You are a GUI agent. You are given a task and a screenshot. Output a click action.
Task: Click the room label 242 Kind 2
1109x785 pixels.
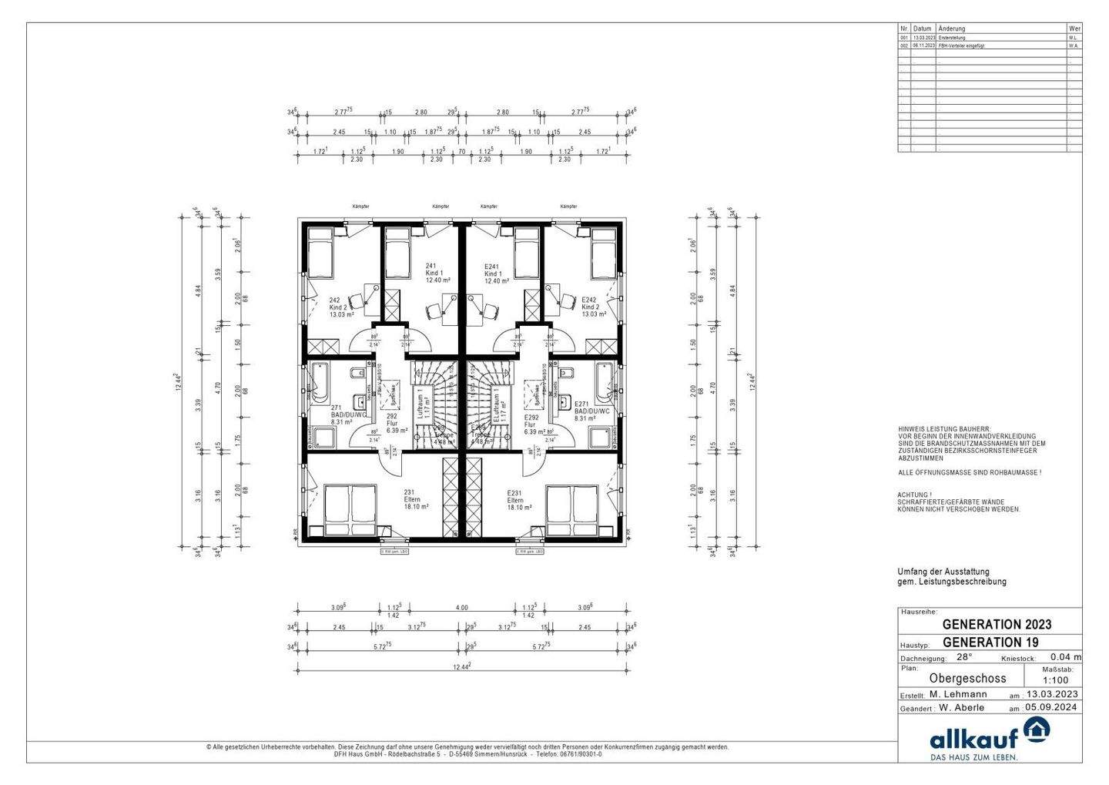(341, 307)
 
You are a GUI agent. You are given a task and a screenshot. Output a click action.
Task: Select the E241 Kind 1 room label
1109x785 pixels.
(496, 273)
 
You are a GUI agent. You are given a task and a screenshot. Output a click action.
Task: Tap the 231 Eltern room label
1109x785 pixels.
(416, 499)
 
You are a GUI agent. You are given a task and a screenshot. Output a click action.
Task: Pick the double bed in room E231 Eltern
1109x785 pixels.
(572, 509)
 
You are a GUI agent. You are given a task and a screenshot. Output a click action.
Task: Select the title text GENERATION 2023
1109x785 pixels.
(996, 625)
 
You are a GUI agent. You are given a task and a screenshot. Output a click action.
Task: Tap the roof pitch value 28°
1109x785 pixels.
(964, 658)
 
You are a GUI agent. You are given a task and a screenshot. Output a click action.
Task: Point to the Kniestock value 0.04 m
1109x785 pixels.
(1066, 658)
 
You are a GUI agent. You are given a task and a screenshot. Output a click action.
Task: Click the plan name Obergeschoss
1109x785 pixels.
(967, 679)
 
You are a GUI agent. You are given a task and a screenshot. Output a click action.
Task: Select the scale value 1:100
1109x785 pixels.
(1054, 681)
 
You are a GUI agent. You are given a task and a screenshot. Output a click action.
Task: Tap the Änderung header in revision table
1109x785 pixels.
(951, 29)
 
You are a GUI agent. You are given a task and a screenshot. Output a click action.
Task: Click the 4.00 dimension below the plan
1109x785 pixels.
(461, 608)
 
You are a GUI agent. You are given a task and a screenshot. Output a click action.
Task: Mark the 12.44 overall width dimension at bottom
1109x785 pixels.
(461, 666)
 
